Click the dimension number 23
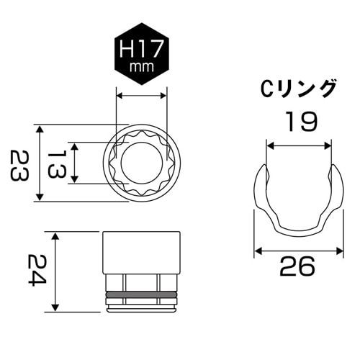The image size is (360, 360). [22, 164]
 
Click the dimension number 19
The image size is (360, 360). [299, 122]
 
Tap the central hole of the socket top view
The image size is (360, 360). [142, 162]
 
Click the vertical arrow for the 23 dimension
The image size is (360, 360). [41, 163]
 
